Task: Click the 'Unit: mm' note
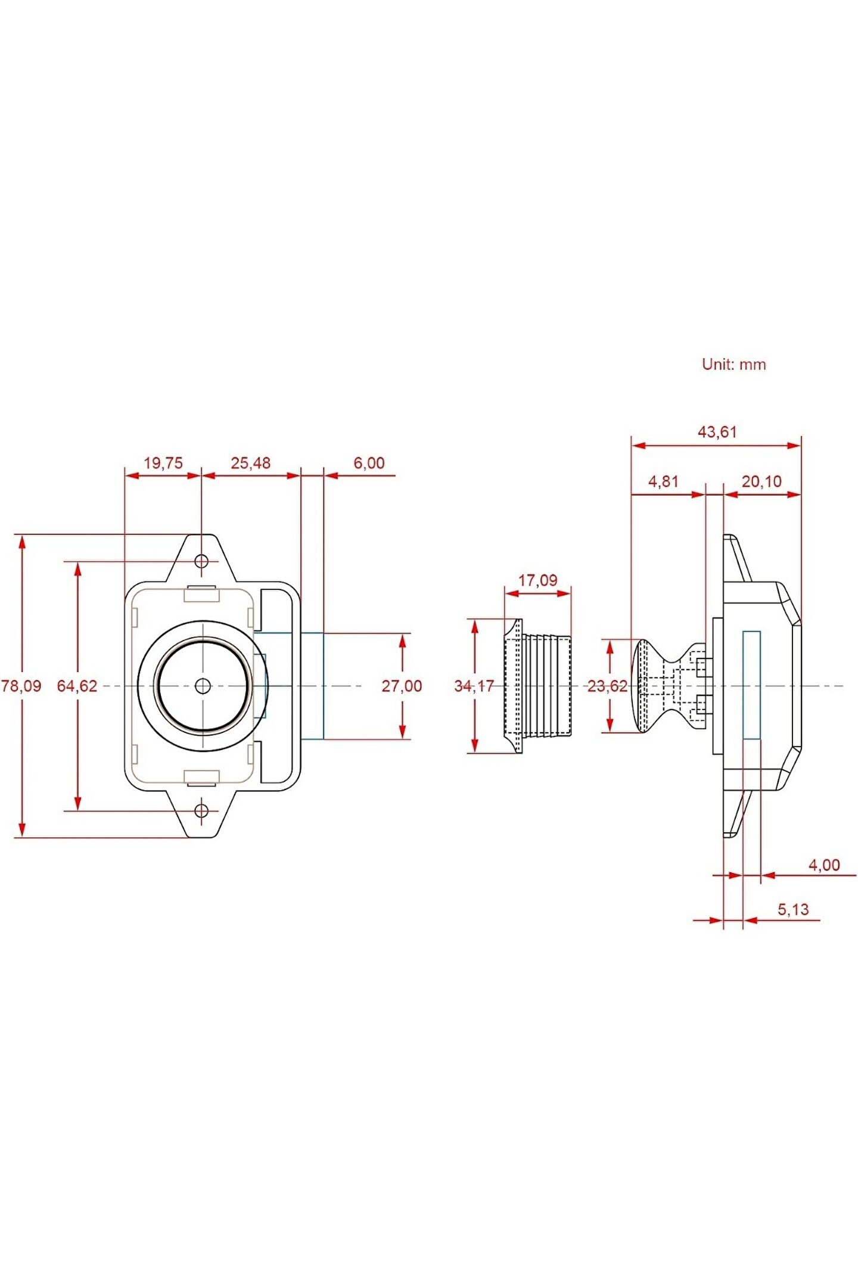pos(733,364)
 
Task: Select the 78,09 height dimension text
pos(21,686)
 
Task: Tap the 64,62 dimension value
pos(77,686)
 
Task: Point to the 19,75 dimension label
pos(163,463)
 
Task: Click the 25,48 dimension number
pos(250,463)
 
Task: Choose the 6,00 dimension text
pos(369,463)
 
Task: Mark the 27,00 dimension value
pos(402,686)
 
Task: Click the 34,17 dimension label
pos(474,686)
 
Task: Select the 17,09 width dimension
pos(537,580)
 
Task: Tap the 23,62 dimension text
pos(607,686)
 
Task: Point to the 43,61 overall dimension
pos(717,431)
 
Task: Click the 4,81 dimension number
pos(663,481)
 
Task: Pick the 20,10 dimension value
pos(761,481)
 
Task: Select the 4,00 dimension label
pos(824,865)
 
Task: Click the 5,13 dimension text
pos(793,909)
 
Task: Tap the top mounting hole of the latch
pos(202,561)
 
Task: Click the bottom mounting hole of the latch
pos(202,810)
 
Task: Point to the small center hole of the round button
pos(203,686)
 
